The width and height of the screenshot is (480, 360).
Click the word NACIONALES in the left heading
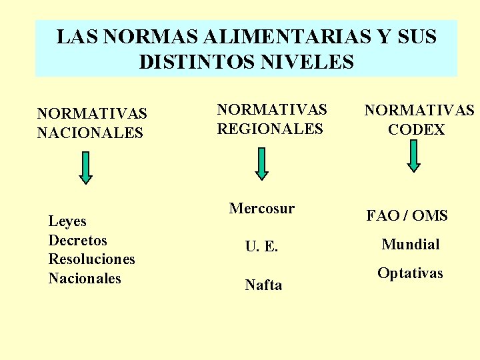[90, 133]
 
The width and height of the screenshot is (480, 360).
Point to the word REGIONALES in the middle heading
[270, 128]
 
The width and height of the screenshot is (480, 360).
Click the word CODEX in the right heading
[416, 129]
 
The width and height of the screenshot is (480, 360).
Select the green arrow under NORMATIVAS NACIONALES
[85, 167]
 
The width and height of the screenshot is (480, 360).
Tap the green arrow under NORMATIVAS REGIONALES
[262, 163]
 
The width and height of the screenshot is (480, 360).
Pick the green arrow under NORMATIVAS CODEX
[414, 155]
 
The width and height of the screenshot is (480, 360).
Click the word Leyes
[67, 221]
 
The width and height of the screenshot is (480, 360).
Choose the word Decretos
[77, 240]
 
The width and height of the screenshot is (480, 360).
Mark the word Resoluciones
[91, 259]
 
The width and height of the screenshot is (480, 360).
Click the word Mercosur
[261, 209]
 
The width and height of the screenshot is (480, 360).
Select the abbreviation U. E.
[261, 247]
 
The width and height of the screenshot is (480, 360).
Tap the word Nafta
[263, 285]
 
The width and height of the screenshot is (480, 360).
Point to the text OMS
[430, 215]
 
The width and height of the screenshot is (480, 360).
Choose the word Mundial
[410, 245]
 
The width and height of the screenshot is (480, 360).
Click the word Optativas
[410, 273]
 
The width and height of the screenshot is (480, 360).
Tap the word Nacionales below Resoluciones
[85, 278]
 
